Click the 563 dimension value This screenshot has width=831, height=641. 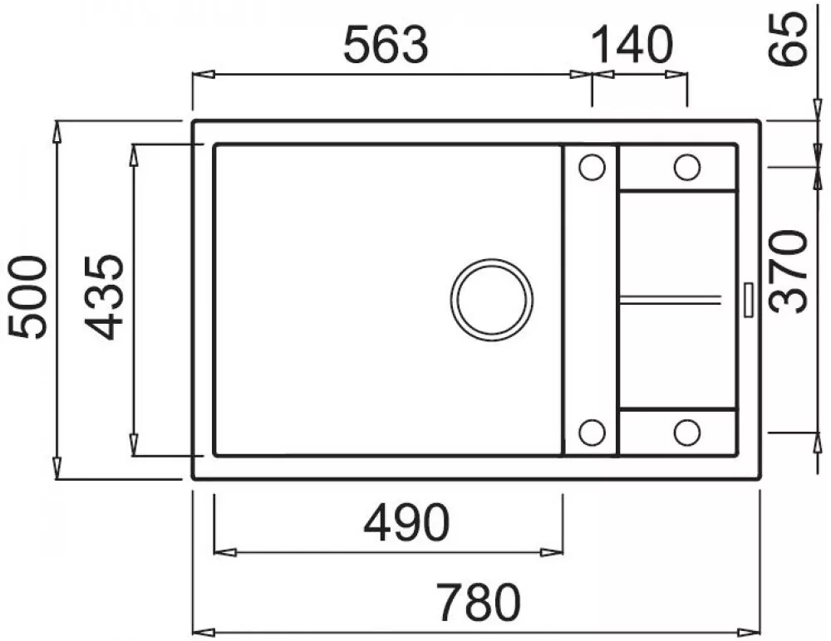pos(386,45)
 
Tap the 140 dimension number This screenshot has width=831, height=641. pos(632,45)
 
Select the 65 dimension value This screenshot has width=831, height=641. pos(789,39)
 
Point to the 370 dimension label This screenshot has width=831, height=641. pos(789,272)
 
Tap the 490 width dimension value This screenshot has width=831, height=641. pos(406,523)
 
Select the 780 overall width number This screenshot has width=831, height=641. pos(479,602)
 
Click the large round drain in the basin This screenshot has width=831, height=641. pos(491,300)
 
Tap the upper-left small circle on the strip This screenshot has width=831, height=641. pos(592,168)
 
